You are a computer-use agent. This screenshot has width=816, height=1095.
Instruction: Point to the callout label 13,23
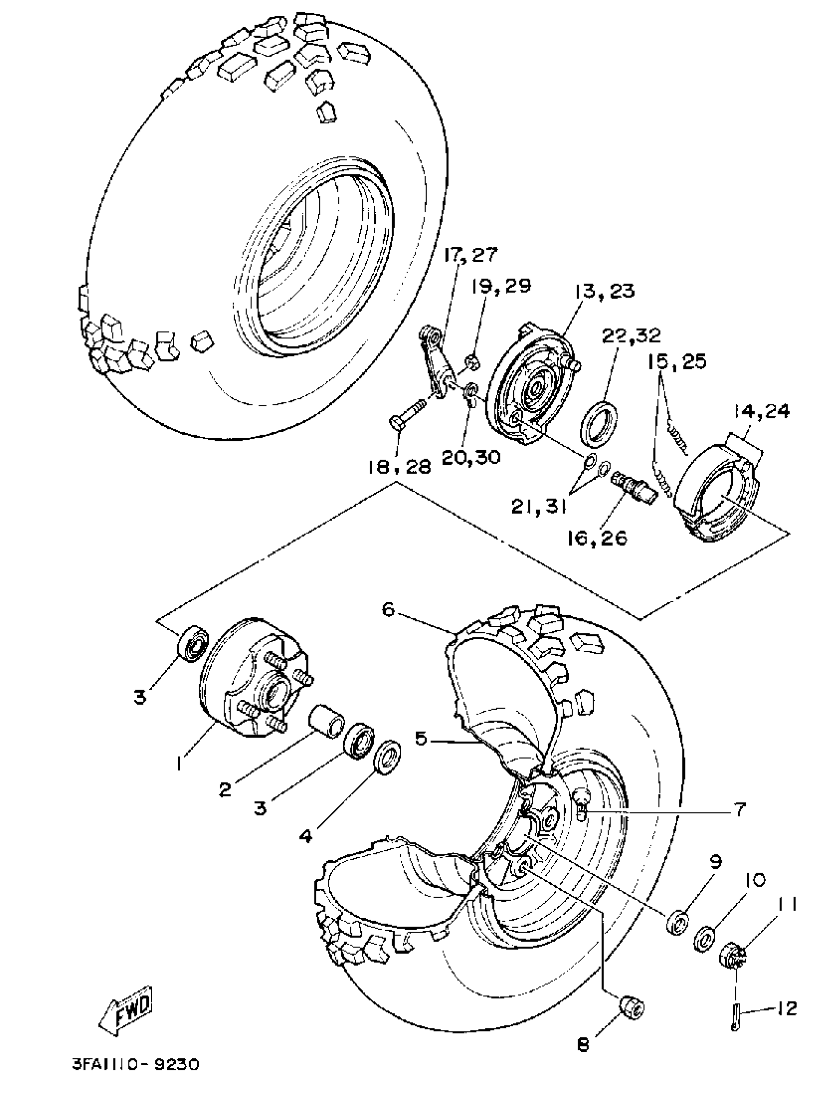click(x=603, y=291)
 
